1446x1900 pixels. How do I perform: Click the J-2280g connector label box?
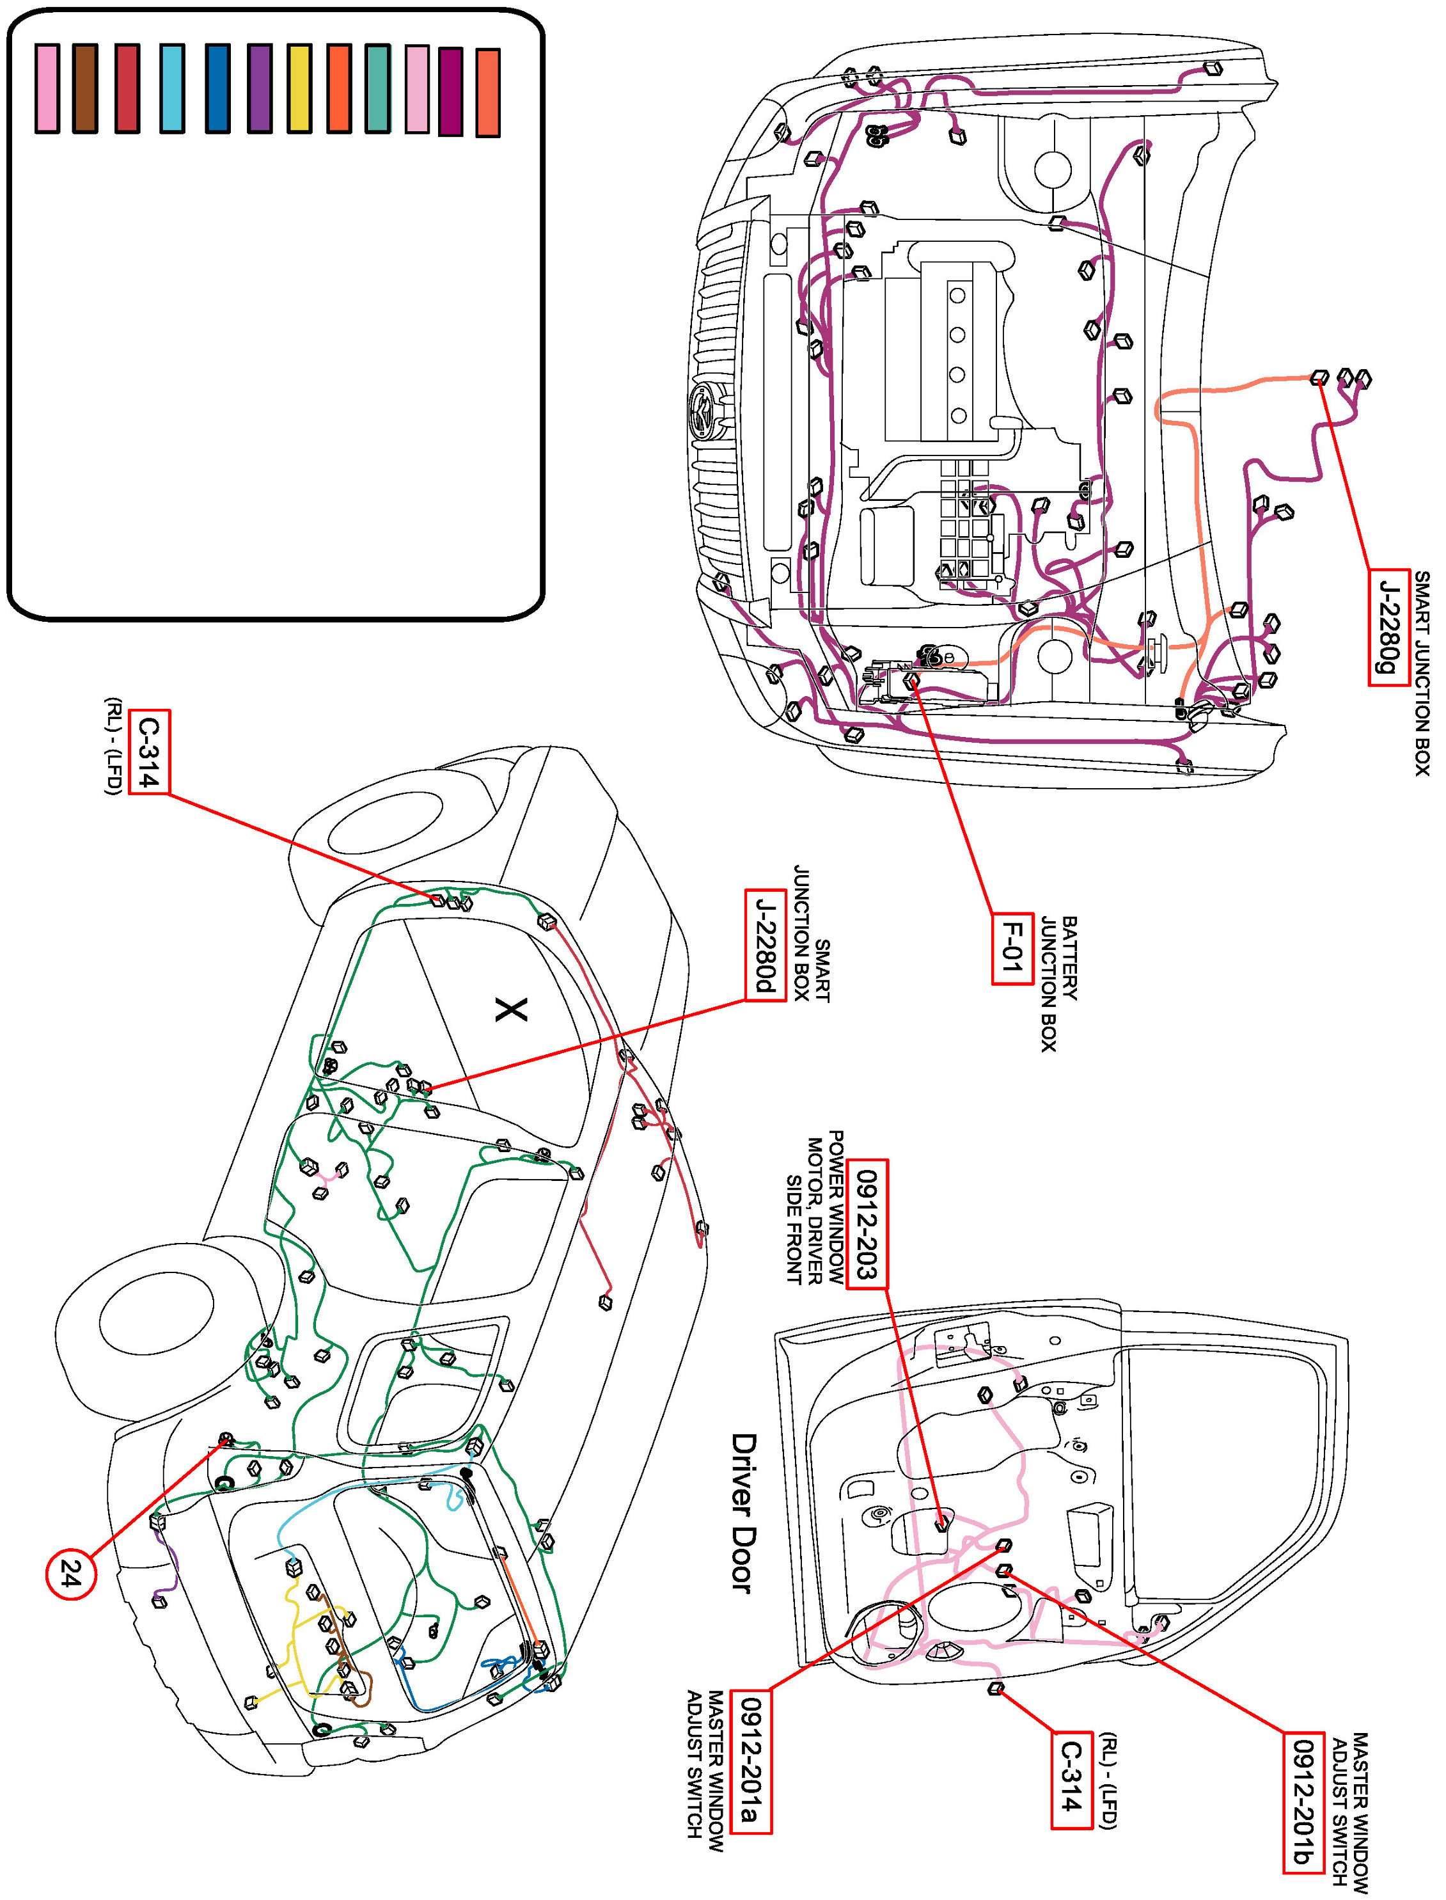pyautogui.click(x=1388, y=627)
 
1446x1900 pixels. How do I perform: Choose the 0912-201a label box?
pyautogui.click(x=751, y=1761)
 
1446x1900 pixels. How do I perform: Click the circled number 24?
pyautogui.click(x=70, y=1574)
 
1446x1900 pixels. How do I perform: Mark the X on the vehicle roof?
pyautogui.click(x=511, y=1009)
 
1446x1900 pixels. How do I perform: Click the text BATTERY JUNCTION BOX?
pyautogui.click(x=1058, y=982)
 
